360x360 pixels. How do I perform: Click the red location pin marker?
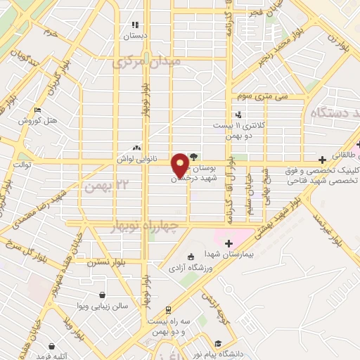180,164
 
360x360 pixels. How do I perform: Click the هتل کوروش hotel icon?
37,110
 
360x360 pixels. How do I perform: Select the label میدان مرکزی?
146,62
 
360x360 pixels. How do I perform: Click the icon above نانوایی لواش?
136,148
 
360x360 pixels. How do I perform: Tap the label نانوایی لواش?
136,160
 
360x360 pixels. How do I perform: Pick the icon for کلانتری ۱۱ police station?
239,115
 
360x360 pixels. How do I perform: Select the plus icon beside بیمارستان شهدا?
229,243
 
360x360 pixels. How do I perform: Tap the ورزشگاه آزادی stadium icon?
191,257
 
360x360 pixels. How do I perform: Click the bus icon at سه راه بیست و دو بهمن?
169,309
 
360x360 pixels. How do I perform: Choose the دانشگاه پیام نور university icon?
219,343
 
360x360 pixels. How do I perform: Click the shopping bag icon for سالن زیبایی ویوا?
104,294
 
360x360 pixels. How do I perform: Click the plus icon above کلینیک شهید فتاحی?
322,160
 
